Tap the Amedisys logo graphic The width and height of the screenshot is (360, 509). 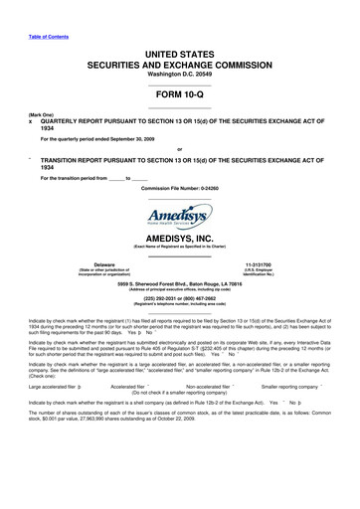click(x=180, y=218)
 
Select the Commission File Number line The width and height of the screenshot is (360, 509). click(x=179, y=188)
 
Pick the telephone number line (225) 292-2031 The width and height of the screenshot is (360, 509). click(x=180, y=302)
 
